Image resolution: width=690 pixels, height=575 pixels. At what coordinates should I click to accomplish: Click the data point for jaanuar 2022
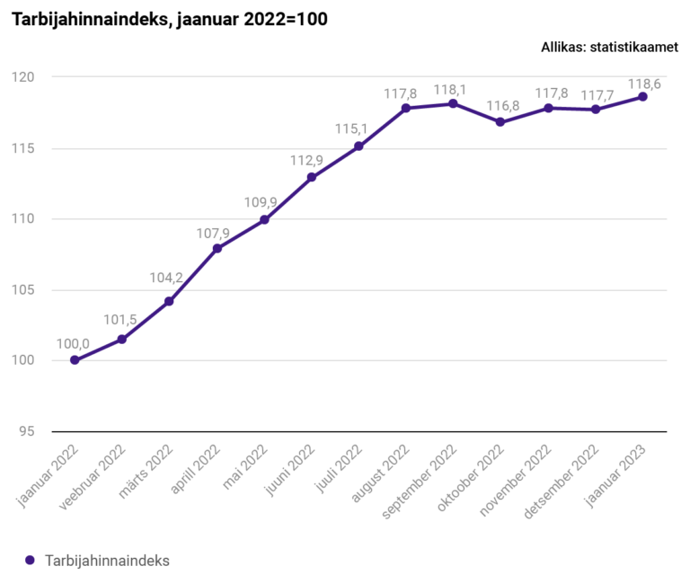pos(75,360)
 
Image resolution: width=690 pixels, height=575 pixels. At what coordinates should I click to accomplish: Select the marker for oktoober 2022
pos(500,122)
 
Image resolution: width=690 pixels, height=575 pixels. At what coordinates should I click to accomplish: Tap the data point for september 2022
pos(453,103)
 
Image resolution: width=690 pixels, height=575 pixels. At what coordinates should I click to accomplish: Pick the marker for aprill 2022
pos(217,248)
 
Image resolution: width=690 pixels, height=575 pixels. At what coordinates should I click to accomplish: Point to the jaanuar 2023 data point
pos(642,97)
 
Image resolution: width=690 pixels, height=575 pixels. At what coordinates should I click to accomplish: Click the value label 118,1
pos(453,90)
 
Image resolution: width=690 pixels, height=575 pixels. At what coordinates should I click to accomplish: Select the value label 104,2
pos(166,279)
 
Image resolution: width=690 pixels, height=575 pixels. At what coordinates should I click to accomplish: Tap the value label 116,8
pos(500,106)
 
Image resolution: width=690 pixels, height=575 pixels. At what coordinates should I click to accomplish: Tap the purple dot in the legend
pos(29,560)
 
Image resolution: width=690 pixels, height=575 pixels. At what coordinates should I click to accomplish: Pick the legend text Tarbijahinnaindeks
pos(107,560)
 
